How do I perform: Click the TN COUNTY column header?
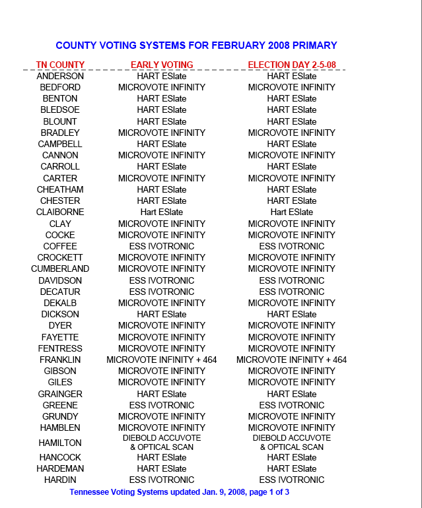60,65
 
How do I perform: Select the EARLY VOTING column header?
162,65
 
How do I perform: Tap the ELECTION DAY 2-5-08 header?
291,65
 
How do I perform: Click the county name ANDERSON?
60,76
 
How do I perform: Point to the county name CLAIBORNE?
60,212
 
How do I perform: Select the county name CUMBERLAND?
60,269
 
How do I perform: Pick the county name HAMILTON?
60,443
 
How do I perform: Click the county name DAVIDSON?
60,280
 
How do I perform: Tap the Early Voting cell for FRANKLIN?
162,360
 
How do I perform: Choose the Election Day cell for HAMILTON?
291,442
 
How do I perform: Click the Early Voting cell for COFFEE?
162,246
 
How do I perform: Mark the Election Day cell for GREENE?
291,405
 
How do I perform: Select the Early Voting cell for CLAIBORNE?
162,212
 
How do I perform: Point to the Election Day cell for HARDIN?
291,480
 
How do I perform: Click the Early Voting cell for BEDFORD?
162,87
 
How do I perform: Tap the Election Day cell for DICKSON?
291,314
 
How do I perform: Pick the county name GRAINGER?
60,394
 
